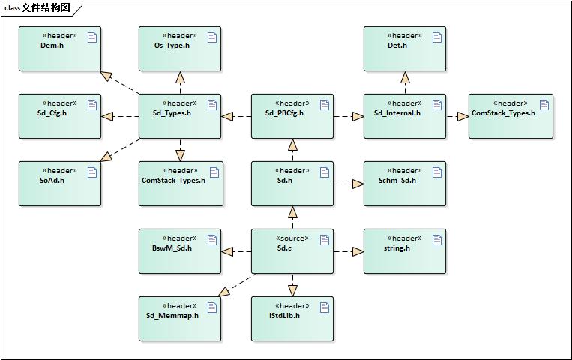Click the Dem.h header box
[59, 49]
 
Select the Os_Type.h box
[179, 49]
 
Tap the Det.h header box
[404, 49]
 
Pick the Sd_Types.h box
[179, 116]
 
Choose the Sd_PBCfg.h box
[292, 116]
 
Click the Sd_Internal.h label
[397, 113]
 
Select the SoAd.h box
[59, 184]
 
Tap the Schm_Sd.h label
[397, 181]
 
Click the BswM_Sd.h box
[179, 251]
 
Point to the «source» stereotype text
[292, 238]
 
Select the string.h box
[404, 251]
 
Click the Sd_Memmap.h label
[172, 316]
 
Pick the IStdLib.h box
[292, 319]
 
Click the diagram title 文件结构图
[46, 8]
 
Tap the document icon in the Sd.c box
[325, 240]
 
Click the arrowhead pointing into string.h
[358, 251]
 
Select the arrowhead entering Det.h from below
[405, 77]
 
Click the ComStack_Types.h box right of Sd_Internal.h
[511, 116]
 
